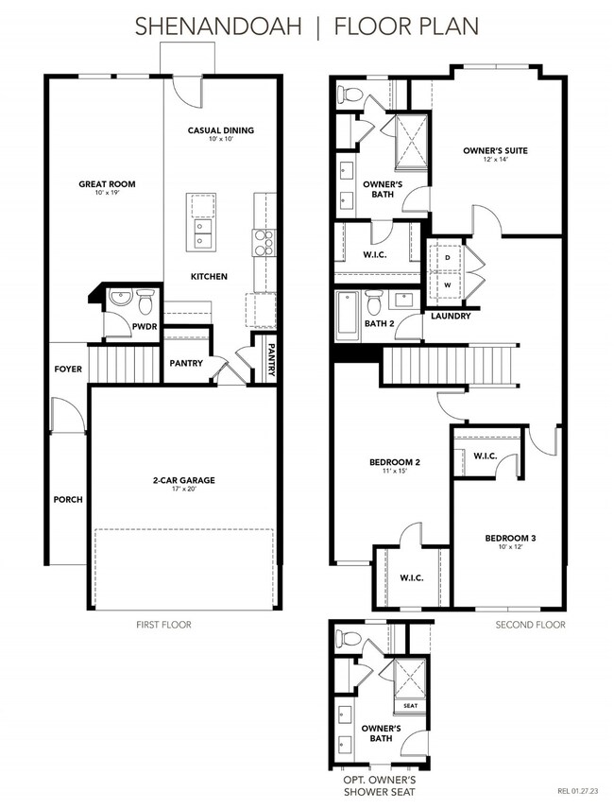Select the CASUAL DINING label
pyautogui.click(x=220, y=130)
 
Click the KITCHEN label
pyautogui.click(x=209, y=276)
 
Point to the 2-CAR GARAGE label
pyautogui.click(x=185, y=480)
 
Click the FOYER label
pyautogui.click(x=67, y=370)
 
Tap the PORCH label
pyautogui.click(x=67, y=499)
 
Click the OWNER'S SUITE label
pyautogui.click(x=495, y=150)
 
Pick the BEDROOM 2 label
pyautogui.click(x=394, y=462)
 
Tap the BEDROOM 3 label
pyautogui.click(x=510, y=538)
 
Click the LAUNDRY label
pyautogui.click(x=451, y=316)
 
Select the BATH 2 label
pyautogui.click(x=380, y=324)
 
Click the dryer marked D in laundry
pyautogui.click(x=448, y=257)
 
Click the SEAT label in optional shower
pyautogui.click(x=411, y=705)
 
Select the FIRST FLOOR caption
pyautogui.click(x=163, y=625)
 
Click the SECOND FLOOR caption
pyautogui.click(x=531, y=625)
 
